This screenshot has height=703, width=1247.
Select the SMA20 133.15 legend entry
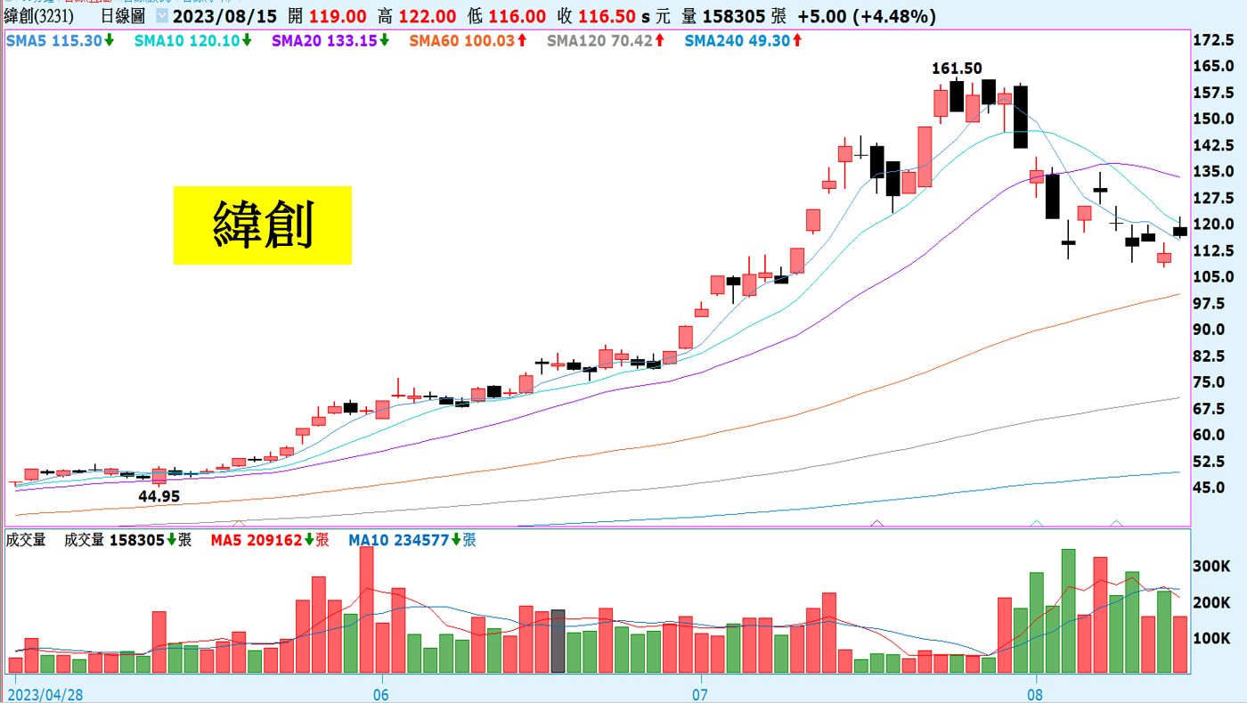[330, 40]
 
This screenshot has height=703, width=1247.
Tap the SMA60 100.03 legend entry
[468, 40]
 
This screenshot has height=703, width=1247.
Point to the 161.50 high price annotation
[957, 68]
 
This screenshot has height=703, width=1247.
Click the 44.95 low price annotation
[159, 496]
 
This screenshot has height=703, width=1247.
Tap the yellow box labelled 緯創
[262, 225]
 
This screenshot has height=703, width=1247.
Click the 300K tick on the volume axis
[1214, 567]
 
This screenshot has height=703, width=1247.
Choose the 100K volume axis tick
[1214, 639]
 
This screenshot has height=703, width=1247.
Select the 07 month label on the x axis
[699, 692]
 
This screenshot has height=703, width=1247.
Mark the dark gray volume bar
[558, 641]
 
